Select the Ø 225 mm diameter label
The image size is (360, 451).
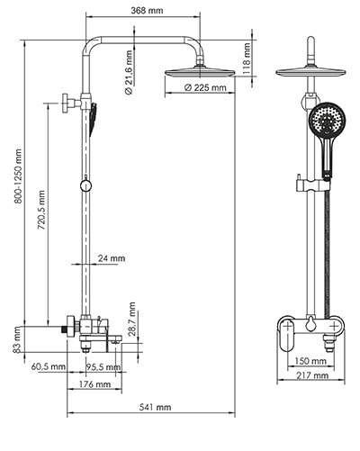pyautogui.click(x=205, y=88)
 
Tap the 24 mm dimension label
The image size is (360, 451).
pyautogui.click(x=112, y=258)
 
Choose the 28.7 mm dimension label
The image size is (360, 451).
pyautogui.click(x=131, y=320)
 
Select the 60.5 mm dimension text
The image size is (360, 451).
pyautogui.click(x=48, y=367)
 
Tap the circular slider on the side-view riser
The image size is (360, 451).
pyautogui.click(x=85, y=185)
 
